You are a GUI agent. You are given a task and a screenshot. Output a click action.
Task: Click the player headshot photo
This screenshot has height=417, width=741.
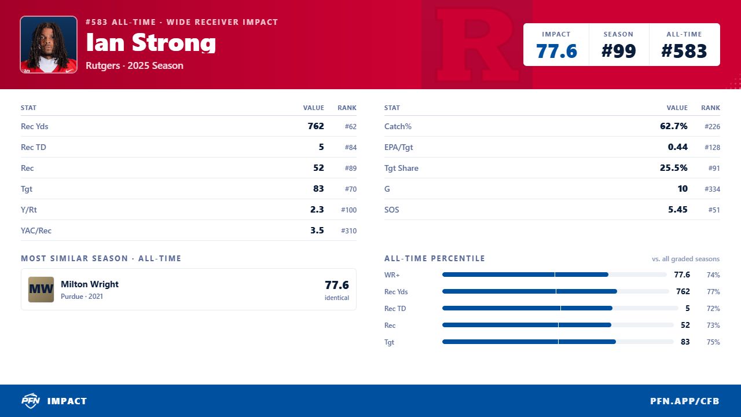coord(49,45)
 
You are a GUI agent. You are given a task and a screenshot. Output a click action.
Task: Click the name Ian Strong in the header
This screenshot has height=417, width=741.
coord(151,43)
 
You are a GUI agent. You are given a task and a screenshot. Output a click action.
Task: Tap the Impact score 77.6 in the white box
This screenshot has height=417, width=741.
coord(556,52)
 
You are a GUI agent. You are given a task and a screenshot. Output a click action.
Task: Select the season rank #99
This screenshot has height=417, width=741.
coord(618,52)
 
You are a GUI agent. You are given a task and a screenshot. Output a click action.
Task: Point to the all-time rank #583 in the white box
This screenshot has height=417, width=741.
coord(684,52)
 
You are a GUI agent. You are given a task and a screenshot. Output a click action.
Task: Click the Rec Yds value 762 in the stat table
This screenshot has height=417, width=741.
coord(316,126)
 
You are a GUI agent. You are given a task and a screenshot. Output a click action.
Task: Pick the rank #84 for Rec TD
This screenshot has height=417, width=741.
coord(351,147)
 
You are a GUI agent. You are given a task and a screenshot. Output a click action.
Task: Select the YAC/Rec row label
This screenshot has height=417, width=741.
coord(36,231)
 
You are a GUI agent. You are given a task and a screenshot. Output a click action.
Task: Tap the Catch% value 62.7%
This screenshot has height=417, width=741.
coord(673,126)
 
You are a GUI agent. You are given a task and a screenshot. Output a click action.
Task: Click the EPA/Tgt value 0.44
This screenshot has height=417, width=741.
coord(677,147)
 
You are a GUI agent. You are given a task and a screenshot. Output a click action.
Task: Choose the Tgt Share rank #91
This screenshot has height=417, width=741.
coord(714,168)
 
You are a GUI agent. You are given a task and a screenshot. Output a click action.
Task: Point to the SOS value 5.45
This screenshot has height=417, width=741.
coord(677,210)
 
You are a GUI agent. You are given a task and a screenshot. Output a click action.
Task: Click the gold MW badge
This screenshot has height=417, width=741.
coord(41,289)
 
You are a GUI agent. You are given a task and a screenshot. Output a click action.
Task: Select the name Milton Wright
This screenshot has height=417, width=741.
coord(90,284)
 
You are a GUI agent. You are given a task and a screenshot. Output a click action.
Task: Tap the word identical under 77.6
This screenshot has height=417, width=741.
coord(336,298)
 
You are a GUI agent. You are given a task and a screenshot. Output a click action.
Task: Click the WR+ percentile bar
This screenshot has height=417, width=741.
coord(555,275)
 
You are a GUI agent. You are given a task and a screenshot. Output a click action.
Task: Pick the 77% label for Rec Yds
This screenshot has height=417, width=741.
coord(713,291)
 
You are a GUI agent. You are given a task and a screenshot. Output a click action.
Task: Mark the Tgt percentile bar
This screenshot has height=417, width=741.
coord(557,342)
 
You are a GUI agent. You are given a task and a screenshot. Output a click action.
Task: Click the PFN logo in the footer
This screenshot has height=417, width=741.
coord(31,401)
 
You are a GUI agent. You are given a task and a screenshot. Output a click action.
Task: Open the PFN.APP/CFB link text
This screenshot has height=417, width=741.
coord(684,401)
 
